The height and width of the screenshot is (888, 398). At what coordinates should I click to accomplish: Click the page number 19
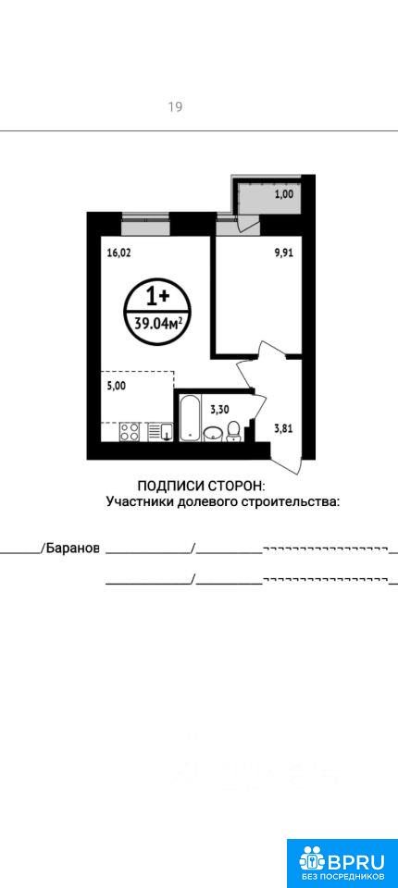coord(175,106)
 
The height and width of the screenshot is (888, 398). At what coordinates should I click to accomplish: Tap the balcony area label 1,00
coord(284,194)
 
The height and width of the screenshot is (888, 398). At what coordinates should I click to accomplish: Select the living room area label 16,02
coord(118,253)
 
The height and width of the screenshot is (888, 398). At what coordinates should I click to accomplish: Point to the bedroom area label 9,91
coord(284,253)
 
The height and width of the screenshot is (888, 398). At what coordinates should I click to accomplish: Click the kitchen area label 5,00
coord(116,387)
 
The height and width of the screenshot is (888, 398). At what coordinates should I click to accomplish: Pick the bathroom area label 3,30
coord(219,410)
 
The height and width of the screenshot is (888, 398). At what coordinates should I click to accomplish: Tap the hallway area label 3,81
coord(283,428)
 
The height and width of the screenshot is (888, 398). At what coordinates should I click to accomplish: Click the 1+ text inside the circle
coord(158,296)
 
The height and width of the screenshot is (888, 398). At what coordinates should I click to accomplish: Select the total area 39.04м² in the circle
coord(158,324)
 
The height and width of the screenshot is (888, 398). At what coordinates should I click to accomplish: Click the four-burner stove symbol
coord(130,432)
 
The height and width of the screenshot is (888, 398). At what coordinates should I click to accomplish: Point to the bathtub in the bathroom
coord(190,418)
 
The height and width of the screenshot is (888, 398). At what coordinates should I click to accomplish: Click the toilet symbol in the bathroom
coord(232,433)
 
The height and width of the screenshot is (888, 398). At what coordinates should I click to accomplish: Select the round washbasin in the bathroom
coord(213,434)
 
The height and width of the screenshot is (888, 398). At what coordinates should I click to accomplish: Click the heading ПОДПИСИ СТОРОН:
coord(202,486)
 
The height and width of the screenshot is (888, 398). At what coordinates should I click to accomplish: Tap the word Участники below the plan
coord(140,501)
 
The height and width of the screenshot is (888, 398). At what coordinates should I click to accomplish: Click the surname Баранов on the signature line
coord(72,549)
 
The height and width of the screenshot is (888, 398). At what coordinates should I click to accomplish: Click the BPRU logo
coord(342,863)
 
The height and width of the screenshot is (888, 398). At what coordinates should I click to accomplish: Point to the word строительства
coord(291,501)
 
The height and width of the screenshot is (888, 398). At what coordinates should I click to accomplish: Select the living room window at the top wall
coord(145,223)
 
